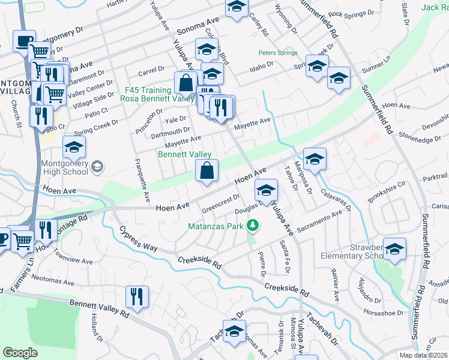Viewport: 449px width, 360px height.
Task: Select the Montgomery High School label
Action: [64, 167]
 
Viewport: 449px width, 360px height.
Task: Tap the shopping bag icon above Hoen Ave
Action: [206, 170]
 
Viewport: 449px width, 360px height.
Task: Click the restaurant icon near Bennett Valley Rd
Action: [137, 296]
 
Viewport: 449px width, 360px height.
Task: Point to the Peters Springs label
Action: [277, 53]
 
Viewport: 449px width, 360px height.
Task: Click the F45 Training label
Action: [147, 90]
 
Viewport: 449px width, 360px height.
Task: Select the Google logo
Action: [20, 352]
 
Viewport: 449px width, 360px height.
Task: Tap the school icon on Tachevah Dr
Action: [234, 331]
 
